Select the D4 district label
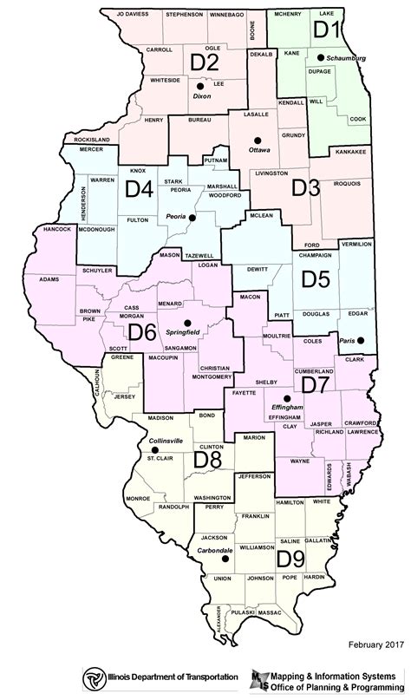(140, 188)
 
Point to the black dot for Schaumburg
(320, 58)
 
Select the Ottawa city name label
(259, 149)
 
